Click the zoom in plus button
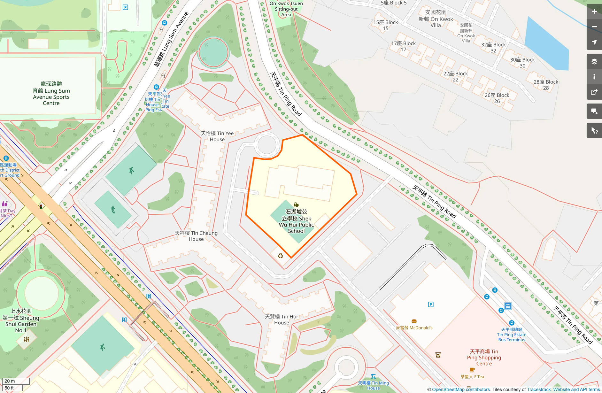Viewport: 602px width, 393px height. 594,12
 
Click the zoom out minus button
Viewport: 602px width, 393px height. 594,27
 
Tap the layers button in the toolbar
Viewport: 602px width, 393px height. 594,62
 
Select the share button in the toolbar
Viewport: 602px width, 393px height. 594,92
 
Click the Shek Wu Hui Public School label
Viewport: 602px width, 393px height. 296,221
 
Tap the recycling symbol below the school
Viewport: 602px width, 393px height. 280,256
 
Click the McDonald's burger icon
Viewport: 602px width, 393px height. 414,321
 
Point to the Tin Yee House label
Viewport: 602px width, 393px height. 217,136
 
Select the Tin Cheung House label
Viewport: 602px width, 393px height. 196,236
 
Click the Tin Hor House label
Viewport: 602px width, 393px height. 281,320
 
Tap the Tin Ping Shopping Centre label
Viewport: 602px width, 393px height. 484,358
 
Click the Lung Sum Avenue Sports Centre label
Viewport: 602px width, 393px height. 51,94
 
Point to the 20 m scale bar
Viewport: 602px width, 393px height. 15,381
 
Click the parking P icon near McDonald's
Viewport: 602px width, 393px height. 430,304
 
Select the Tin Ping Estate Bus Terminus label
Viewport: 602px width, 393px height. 511,335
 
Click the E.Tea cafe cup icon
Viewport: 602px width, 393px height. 472,370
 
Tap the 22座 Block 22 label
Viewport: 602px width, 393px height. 455,76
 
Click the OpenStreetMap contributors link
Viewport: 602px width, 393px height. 461,389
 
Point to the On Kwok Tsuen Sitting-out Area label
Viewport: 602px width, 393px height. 286,9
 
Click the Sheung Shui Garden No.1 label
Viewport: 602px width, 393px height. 21,320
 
